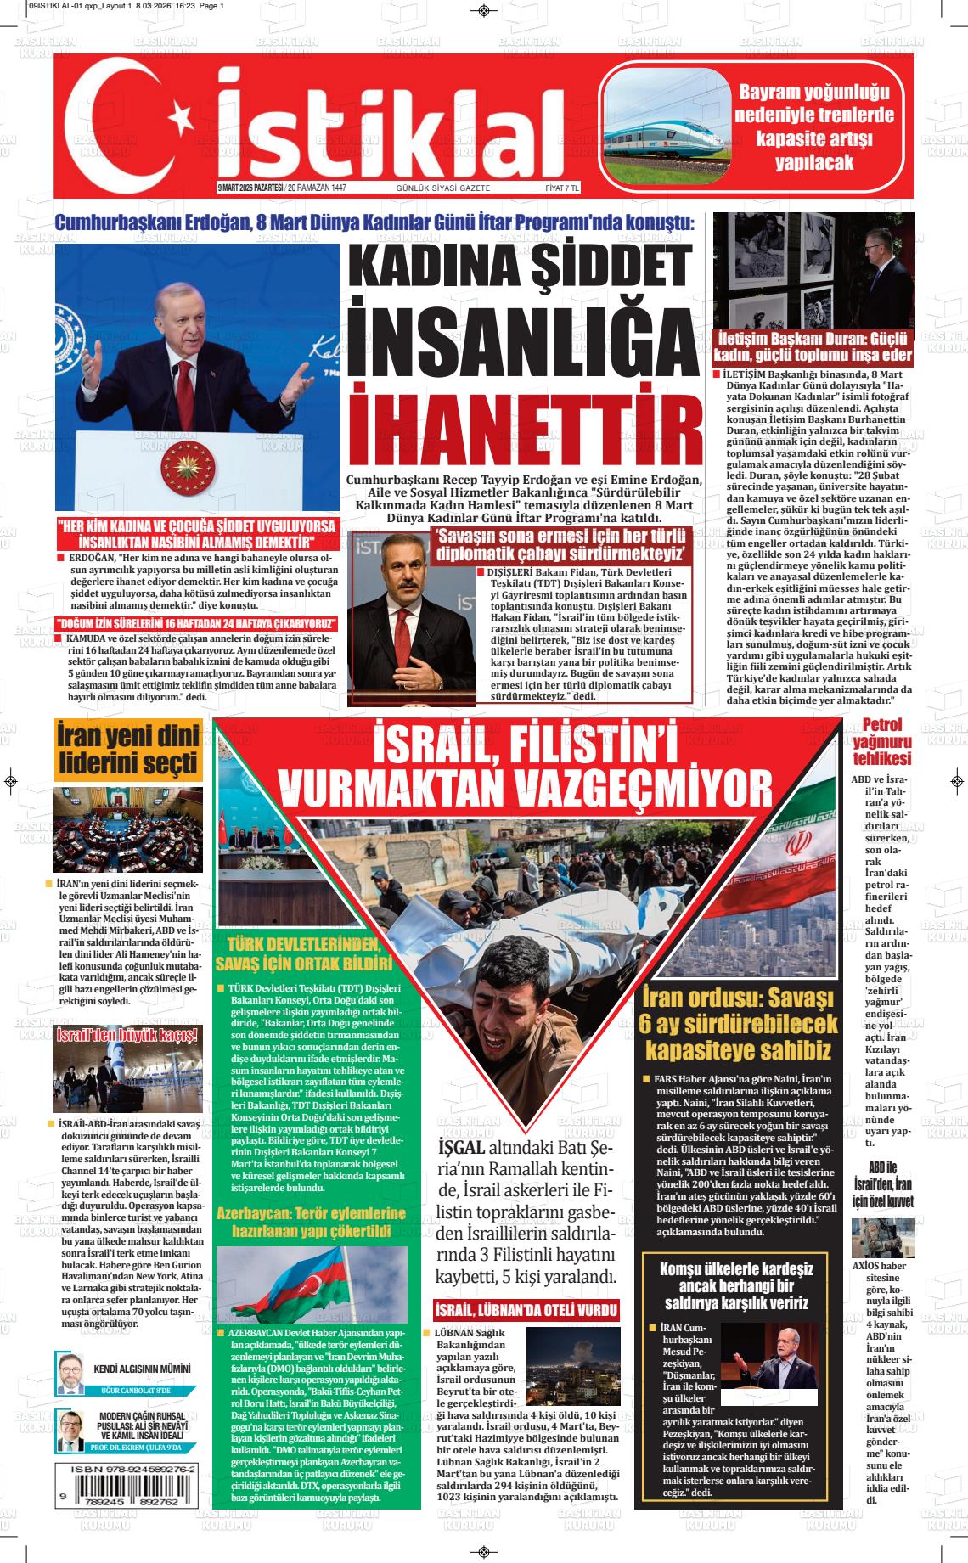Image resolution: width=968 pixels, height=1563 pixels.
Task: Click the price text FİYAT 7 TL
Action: click(561, 188)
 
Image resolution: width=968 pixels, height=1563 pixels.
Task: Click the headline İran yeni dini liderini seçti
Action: click(129, 749)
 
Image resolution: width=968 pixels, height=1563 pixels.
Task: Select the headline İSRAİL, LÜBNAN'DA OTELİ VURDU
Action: click(526, 1309)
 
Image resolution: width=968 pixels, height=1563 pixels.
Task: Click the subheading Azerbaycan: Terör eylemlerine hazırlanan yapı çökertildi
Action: click(312, 1222)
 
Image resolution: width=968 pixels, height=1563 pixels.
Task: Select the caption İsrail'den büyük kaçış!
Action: click(127, 1035)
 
